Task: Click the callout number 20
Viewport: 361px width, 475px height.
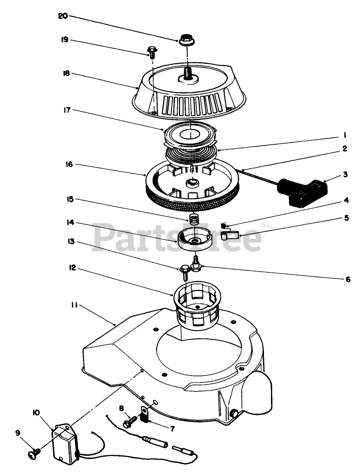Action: (x=63, y=16)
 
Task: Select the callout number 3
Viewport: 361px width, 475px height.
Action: (x=345, y=175)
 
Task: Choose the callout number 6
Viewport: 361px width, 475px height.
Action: (x=347, y=279)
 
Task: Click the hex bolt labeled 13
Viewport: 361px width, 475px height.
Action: (x=185, y=271)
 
